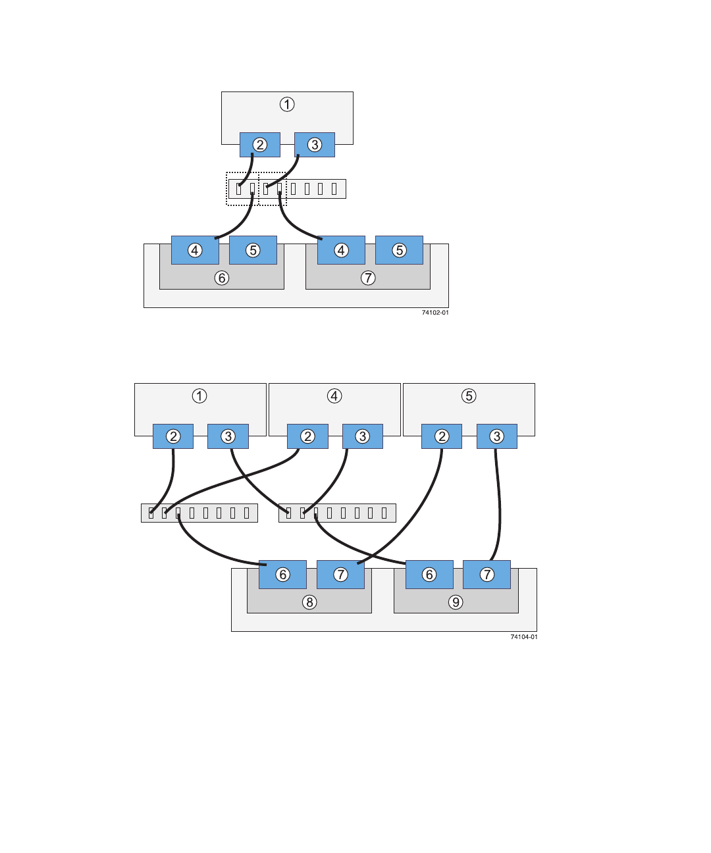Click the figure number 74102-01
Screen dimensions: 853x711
coord(435,313)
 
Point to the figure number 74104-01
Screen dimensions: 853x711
coord(524,637)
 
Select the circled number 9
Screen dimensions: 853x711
coord(456,602)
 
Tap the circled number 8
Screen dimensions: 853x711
coord(309,602)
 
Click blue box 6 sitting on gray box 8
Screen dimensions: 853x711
coord(282,575)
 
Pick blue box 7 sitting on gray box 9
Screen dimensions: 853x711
coord(487,575)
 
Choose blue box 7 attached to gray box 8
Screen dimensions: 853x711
coord(340,575)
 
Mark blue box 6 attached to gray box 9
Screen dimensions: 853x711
coord(429,575)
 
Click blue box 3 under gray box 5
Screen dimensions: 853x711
coord(497,436)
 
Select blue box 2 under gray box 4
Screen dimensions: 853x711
coord(307,436)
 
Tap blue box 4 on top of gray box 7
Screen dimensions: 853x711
coord(341,250)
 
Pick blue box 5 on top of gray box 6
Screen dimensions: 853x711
coord(253,250)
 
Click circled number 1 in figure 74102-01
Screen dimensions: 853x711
coord(287,105)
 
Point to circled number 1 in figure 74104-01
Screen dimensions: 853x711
coord(199,396)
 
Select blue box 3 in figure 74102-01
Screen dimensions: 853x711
coord(315,145)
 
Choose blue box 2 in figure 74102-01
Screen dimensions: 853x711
coord(260,145)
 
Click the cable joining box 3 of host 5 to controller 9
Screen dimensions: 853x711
coord(499,507)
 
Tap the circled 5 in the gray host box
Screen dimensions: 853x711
coord(469,396)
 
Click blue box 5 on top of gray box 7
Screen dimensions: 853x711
coord(399,250)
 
